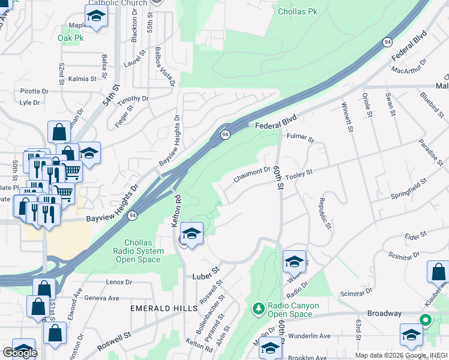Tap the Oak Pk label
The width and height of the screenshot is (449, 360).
click(71, 38)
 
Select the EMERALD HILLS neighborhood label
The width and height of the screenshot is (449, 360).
click(164, 308)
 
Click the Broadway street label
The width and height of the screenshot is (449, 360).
click(384, 313)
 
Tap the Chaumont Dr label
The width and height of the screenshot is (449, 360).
click(252, 173)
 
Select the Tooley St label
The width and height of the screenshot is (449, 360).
click(300, 174)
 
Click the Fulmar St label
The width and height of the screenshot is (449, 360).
click(301, 138)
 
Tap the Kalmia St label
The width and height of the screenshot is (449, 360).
click(82, 79)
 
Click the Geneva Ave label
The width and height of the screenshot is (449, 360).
click(103, 298)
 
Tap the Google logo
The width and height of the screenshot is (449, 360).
click(20, 353)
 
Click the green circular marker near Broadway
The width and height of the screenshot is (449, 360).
click(426, 320)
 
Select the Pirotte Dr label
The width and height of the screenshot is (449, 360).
click(34, 91)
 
